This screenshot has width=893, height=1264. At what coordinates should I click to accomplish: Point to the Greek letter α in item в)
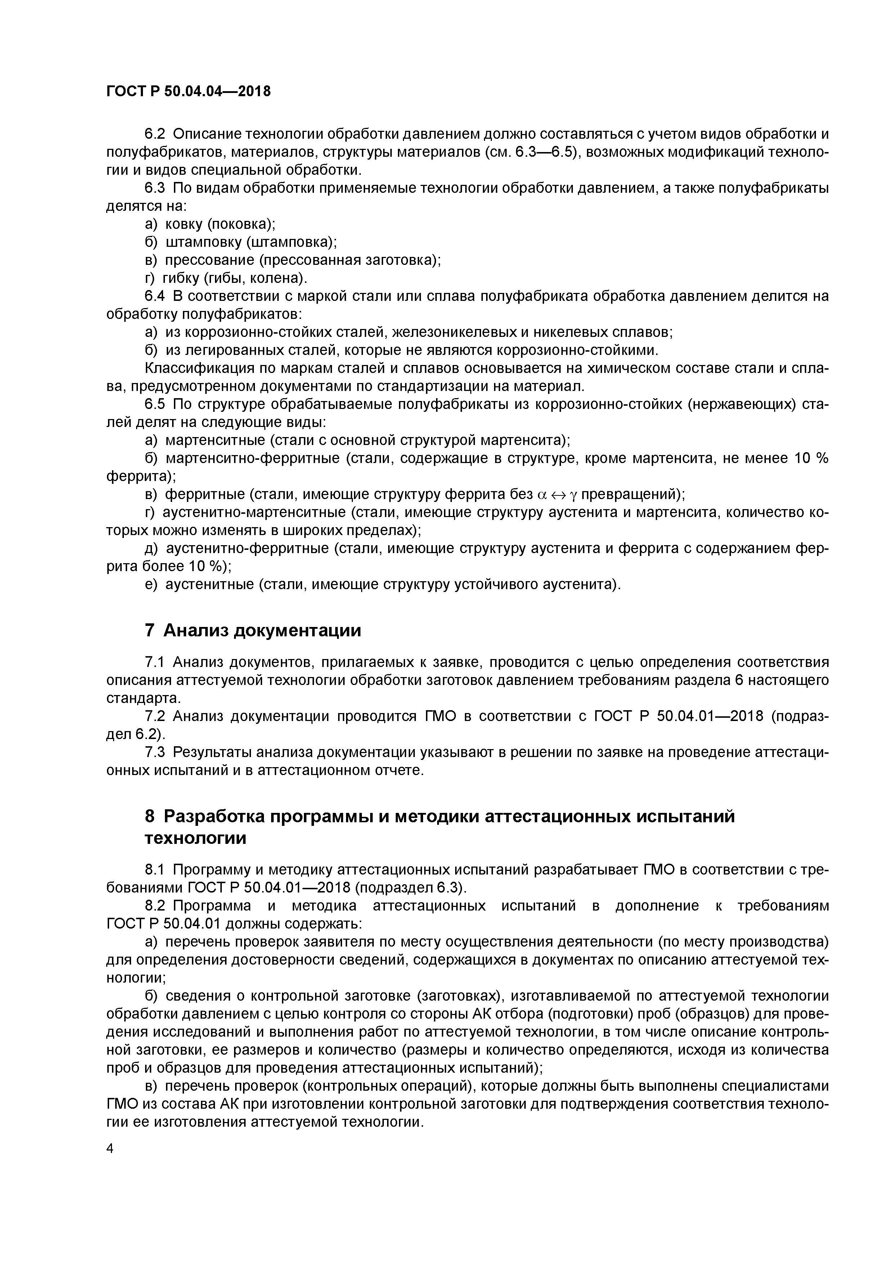[x=541, y=495]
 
